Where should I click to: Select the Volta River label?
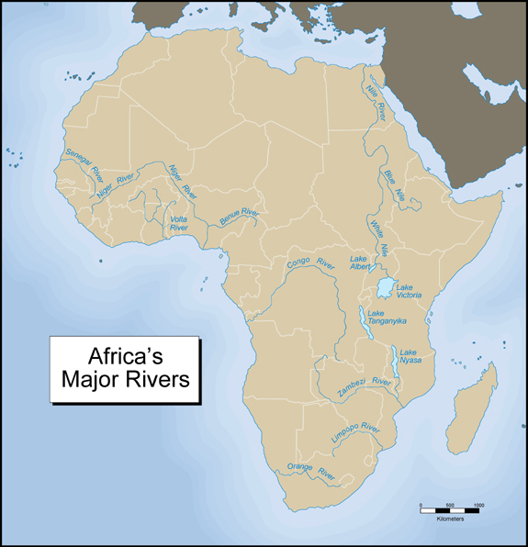coord(178,223)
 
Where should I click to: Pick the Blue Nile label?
coord(394,184)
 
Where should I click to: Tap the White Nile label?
coord(377,237)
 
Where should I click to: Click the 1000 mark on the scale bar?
coord(478,506)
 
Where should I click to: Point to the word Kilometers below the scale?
coord(450,519)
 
